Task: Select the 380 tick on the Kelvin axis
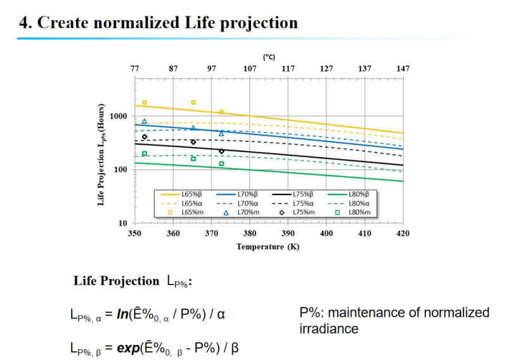[250, 233]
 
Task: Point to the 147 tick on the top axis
[402, 68]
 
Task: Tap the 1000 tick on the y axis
[119, 117]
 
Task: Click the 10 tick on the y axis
[124, 223]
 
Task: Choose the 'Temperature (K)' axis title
[268, 246]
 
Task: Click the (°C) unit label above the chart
[269, 57]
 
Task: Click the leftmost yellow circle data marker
[144, 103]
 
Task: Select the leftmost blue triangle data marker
[144, 121]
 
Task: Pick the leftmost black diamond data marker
[144, 137]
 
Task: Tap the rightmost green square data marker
[222, 164]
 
